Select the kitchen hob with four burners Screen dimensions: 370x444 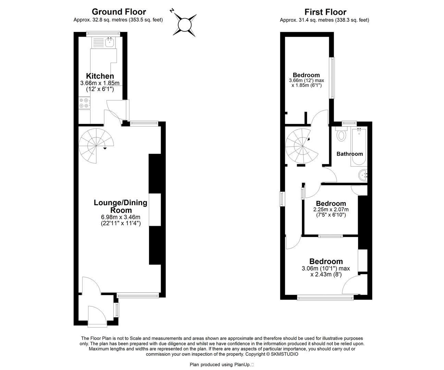[84, 103]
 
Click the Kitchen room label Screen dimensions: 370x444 [100, 76]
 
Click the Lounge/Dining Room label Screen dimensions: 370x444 [121, 206]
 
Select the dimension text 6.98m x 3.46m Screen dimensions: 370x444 [121, 217]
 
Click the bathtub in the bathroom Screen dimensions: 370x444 [359, 147]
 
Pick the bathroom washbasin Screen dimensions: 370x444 [363, 175]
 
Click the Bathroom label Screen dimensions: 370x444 [349, 154]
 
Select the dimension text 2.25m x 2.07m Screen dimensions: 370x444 [331, 209]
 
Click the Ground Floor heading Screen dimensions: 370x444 [119, 12]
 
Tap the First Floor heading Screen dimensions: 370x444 [325, 12]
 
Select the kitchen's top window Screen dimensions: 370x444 [103, 34]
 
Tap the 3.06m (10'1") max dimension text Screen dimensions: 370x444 [326, 268]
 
